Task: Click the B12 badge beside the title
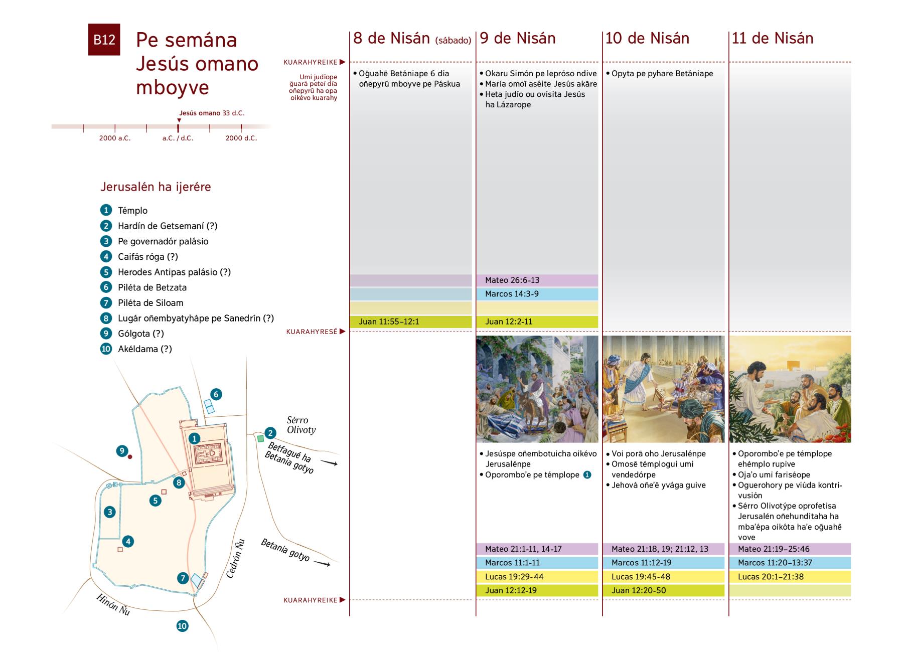point(104,40)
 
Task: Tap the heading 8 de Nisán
point(391,39)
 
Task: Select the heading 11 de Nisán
point(772,39)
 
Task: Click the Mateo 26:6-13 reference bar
point(537,280)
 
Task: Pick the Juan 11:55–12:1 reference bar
point(410,322)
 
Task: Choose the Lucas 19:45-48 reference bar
point(663,577)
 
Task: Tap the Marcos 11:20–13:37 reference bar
point(790,563)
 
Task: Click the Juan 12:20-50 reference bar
point(663,591)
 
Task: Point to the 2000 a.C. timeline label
point(115,138)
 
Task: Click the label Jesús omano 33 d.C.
point(212,113)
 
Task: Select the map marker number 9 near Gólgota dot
point(122,451)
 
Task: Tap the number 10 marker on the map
point(182,626)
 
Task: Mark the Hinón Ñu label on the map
point(113,605)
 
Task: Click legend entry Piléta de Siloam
point(150,303)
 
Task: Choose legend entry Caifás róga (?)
point(147,257)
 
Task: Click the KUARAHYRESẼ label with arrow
point(315,332)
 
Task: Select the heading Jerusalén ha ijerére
point(156,187)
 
